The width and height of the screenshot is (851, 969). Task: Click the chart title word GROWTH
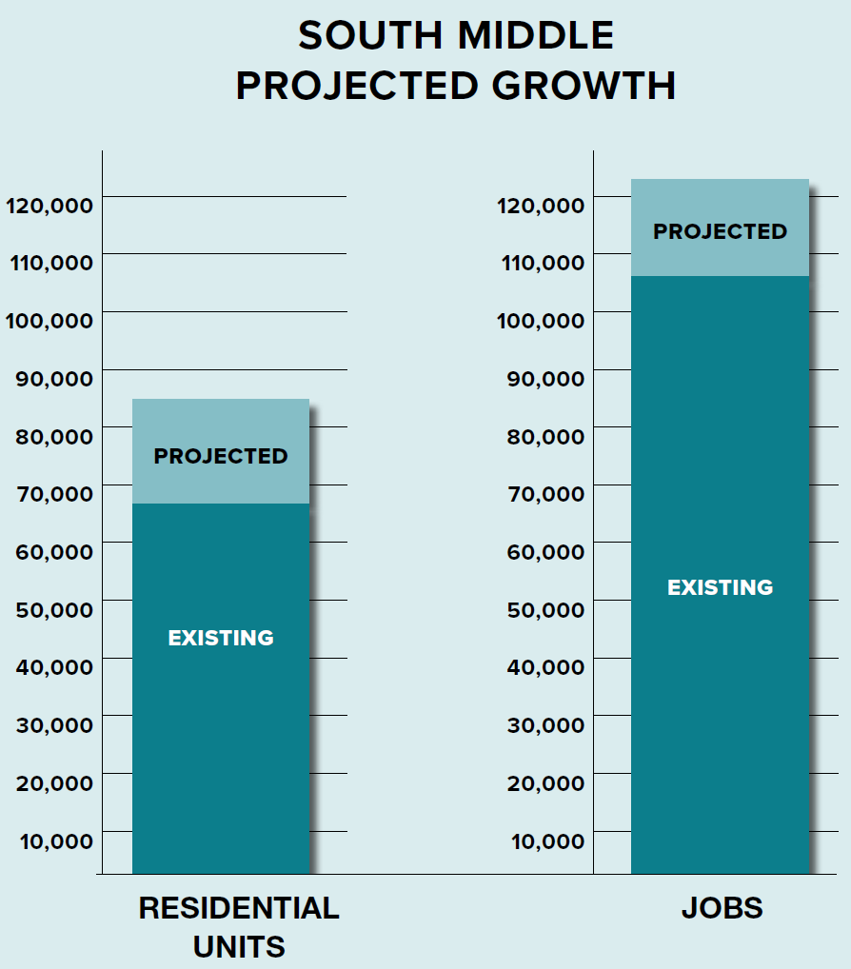[x=584, y=86]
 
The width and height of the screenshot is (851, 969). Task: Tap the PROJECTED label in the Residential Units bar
[x=221, y=456]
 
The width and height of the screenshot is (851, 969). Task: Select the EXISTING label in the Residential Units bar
[x=221, y=638]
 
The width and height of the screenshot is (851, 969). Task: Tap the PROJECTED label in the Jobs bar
[x=721, y=231]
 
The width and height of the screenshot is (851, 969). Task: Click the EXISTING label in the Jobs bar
[x=721, y=587]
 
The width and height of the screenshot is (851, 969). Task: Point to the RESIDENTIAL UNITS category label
[x=239, y=926]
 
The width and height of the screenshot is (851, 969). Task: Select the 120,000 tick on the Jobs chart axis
[x=541, y=205]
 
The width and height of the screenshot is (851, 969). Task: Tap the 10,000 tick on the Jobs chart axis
[x=546, y=840]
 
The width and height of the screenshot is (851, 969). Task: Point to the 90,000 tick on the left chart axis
[x=54, y=378]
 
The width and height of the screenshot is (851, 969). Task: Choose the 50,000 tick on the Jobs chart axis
[x=545, y=609]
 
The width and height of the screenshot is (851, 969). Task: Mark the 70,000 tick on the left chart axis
[x=54, y=493]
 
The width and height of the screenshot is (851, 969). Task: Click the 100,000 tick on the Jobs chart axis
[x=541, y=320]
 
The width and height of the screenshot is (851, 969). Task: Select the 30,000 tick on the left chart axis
[x=54, y=724]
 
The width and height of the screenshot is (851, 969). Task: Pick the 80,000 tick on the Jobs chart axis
[x=545, y=436]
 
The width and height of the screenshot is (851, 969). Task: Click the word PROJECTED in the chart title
[x=358, y=86]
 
